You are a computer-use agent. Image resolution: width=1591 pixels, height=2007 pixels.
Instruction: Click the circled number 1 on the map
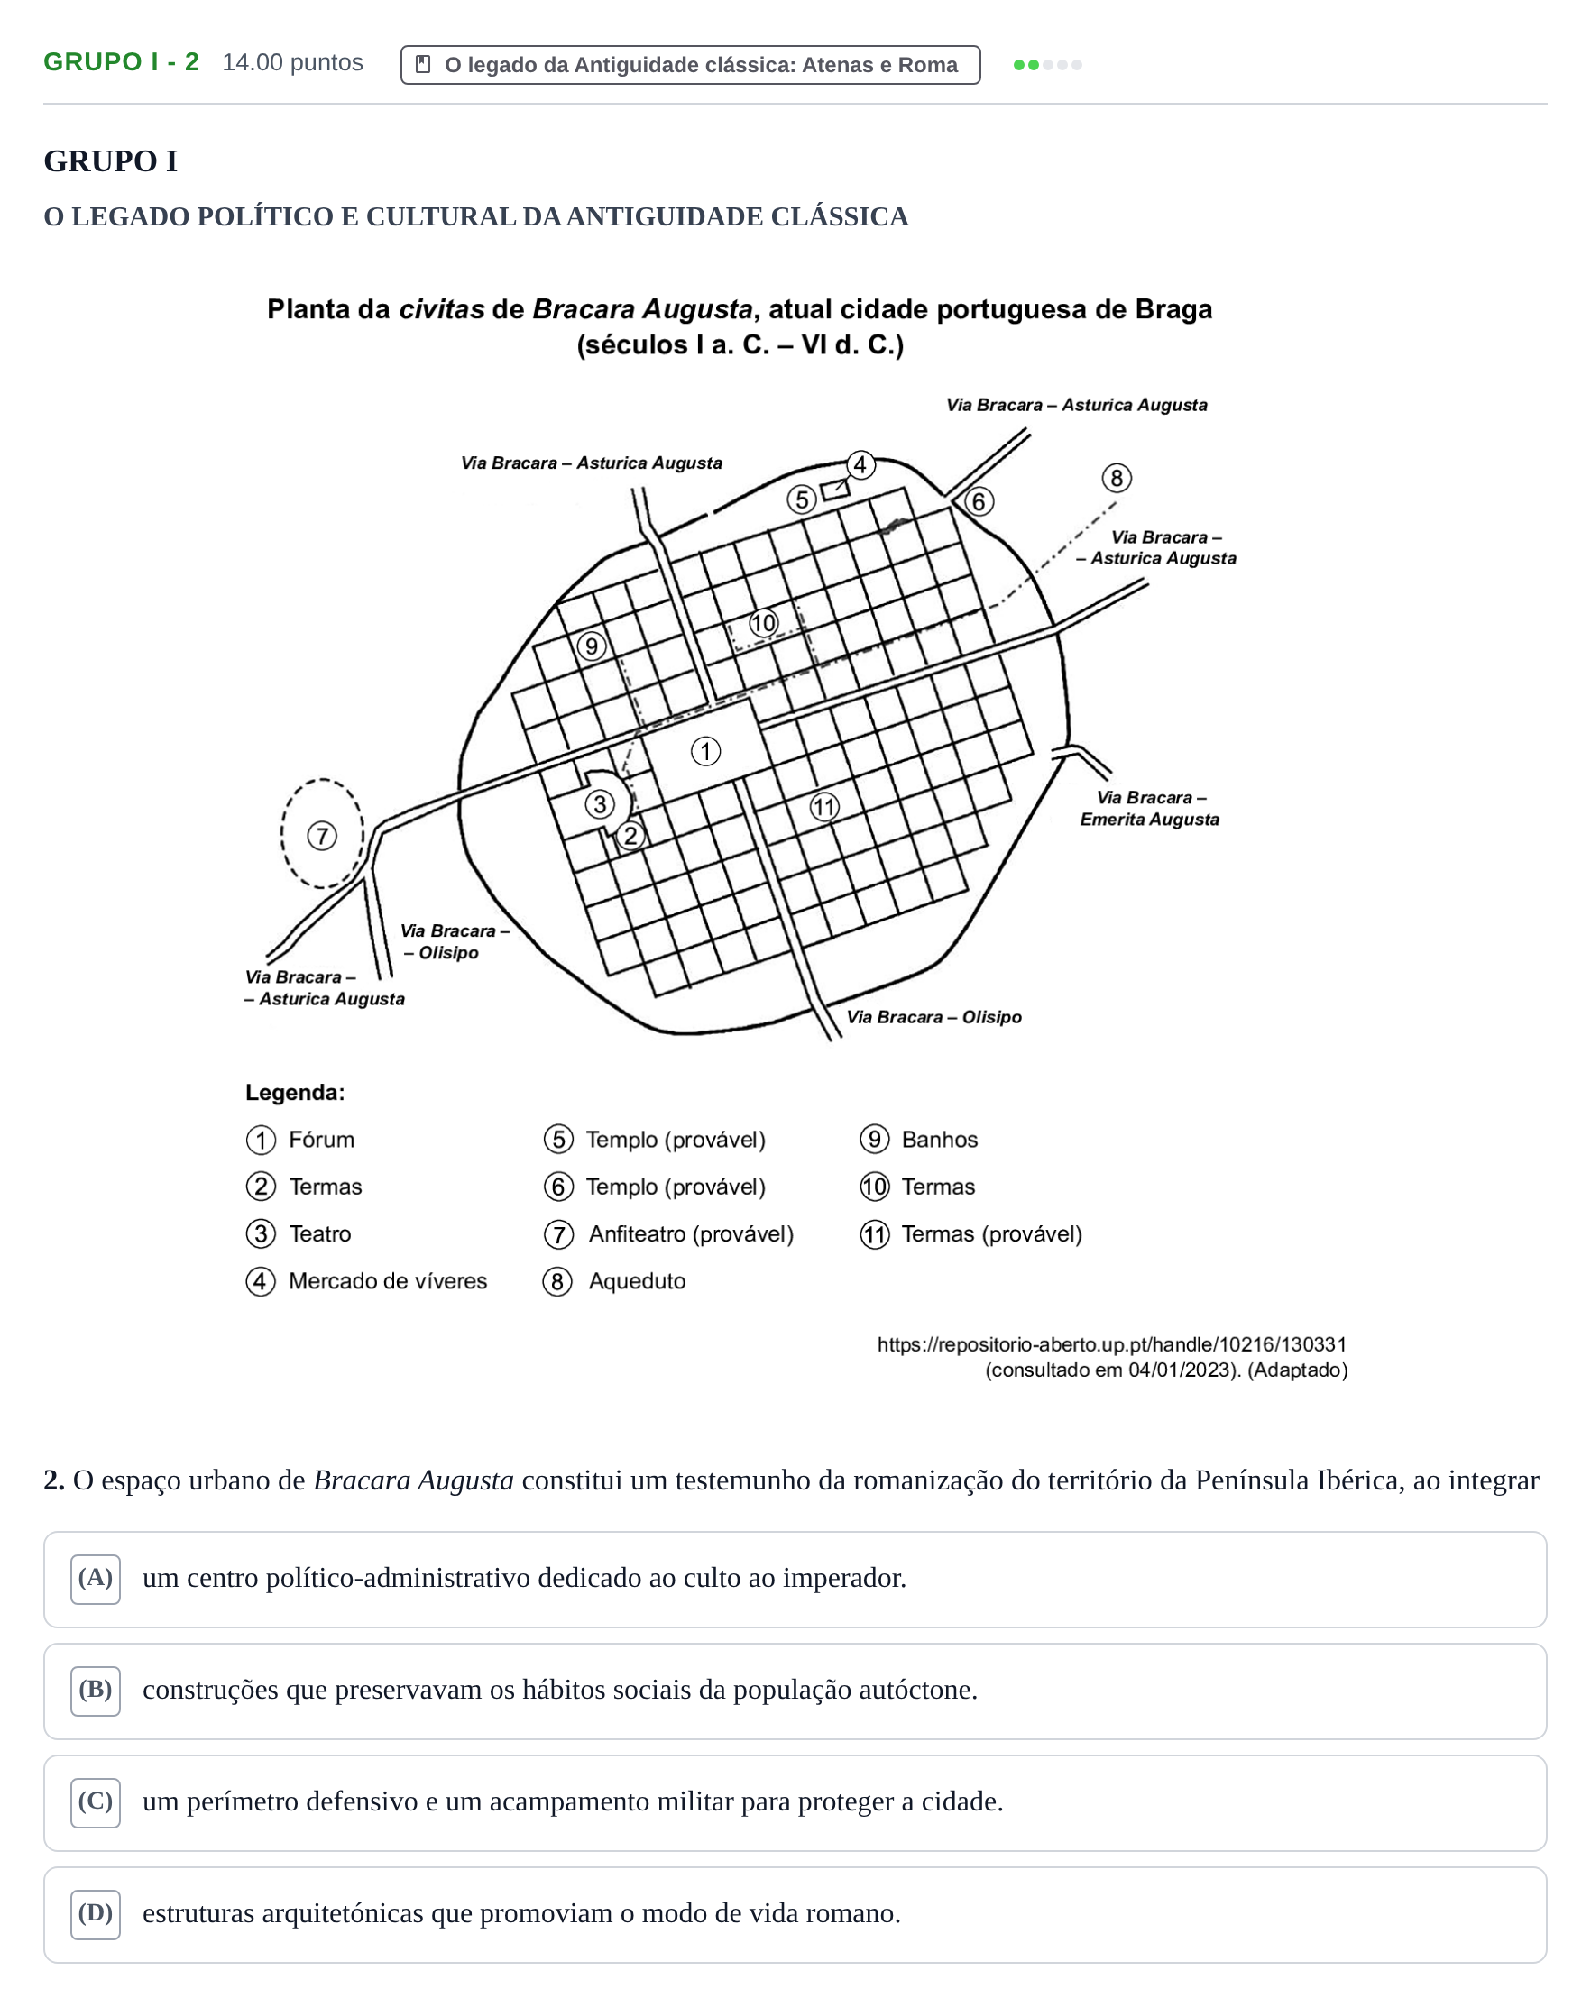(704, 751)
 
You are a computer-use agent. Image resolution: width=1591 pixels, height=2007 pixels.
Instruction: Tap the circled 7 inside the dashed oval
(322, 835)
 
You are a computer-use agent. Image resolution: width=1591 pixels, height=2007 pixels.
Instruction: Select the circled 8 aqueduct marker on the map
(1117, 479)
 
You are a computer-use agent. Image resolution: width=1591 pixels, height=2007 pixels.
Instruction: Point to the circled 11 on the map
(823, 806)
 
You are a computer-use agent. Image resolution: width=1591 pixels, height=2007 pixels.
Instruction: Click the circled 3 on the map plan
(600, 803)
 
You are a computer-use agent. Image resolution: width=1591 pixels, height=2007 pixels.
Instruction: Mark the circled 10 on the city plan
(763, 623)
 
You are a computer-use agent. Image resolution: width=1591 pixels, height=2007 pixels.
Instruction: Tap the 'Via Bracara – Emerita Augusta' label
(1150, 808)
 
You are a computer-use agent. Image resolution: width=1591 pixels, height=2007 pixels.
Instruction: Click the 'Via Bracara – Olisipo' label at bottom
(933, 1016)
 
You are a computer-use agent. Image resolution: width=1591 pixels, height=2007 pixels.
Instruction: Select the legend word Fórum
(321, 1140)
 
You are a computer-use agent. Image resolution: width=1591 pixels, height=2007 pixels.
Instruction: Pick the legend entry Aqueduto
(637, 1281)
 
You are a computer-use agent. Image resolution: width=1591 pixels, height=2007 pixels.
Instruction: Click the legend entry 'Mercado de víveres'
(387, 1281)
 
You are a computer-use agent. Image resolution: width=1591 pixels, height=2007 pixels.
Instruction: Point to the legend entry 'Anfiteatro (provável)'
(691, 1234)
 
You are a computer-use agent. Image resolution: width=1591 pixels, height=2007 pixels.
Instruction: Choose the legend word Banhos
(939, 1140)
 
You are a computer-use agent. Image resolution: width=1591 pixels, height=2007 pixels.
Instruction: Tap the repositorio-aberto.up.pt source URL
(1111, 1344)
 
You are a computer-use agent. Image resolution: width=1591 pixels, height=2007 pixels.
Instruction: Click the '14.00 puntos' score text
(292, 62)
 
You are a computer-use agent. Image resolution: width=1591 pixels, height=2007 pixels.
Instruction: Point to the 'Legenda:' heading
(295, 1092)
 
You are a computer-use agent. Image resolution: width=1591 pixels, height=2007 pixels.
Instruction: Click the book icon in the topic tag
(423, 64)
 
